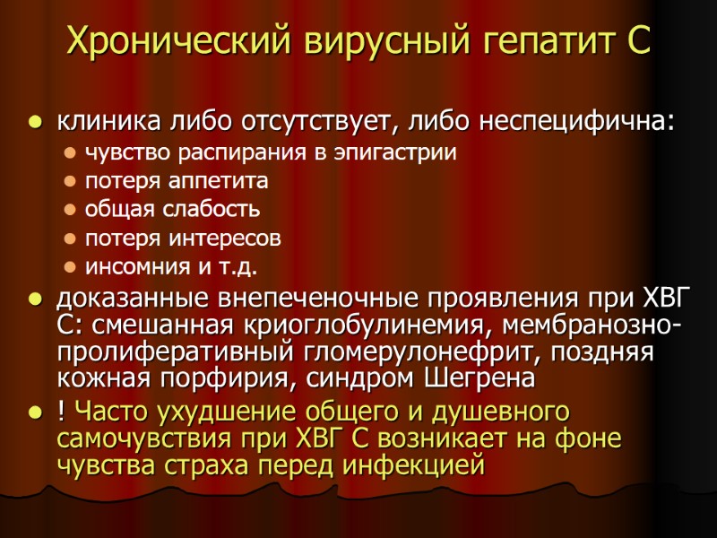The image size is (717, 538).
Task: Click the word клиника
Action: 101,120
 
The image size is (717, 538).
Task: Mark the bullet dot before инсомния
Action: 71,268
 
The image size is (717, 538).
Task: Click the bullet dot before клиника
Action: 35,121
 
